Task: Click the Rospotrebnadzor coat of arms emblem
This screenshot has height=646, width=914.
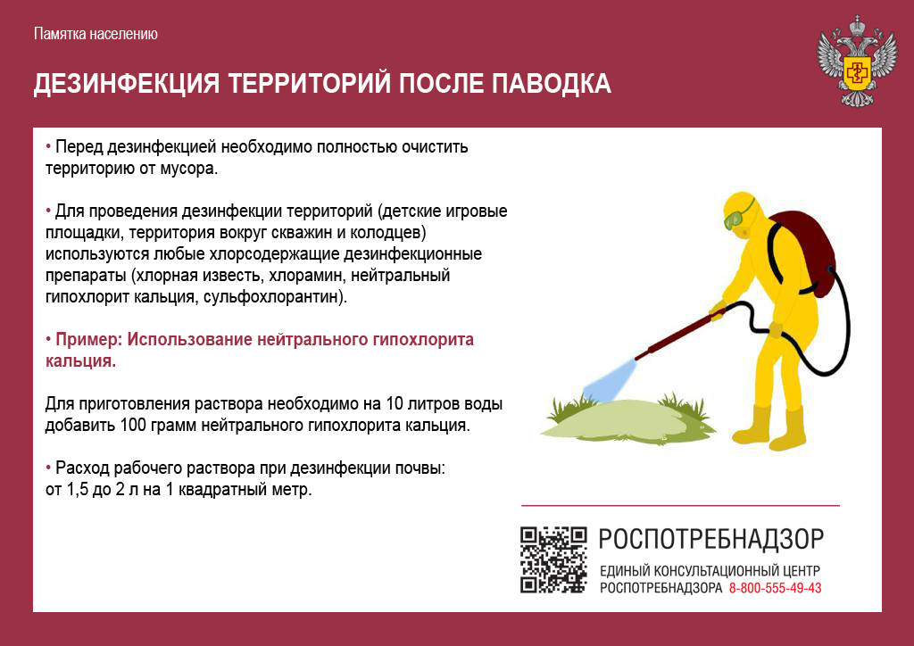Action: pos(856,62)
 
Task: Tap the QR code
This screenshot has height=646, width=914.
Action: pos(553,559)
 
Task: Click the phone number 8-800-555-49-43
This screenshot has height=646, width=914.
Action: pos(776,588)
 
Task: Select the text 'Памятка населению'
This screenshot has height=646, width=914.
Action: pos(96,34)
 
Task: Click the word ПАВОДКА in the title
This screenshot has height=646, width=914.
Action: pos(551,84)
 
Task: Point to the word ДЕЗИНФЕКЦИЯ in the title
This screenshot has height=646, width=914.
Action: pos(127,84)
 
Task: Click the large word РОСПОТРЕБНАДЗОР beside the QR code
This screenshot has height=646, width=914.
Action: pos(711,540)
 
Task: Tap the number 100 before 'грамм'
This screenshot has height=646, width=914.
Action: pos(133,426)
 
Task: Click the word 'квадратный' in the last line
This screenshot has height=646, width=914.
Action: pos(222,490)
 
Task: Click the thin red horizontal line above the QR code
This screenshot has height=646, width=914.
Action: pos(680,506)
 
